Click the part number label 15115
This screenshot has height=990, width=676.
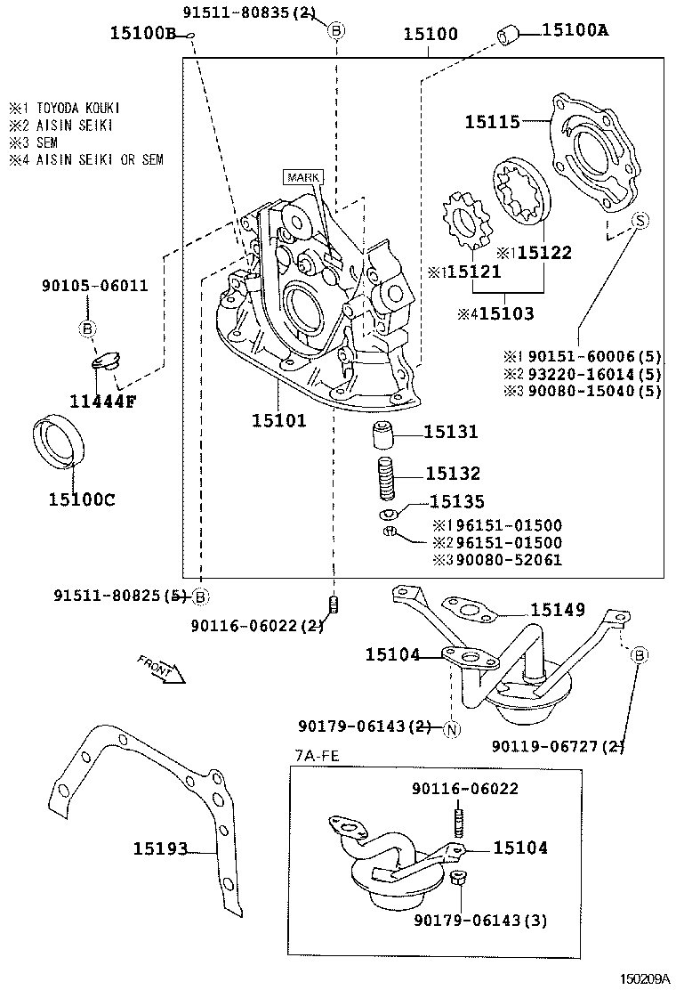pyautogui.click(x=492, y=121)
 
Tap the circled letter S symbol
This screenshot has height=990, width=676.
pyautogui.click(x=640, y=221)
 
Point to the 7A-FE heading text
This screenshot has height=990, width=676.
pyautogui.click(x=316, y=756)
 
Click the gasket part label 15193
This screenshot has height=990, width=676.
pyautogui.click(x=161, y=849)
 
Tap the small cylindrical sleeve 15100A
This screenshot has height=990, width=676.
pyautogui.click(x=509, y=36)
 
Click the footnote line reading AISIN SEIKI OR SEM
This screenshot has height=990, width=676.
pyautogui.click(x=86, y=160)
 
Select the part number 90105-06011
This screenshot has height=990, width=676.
pyautogui.click(x=94, y=286)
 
